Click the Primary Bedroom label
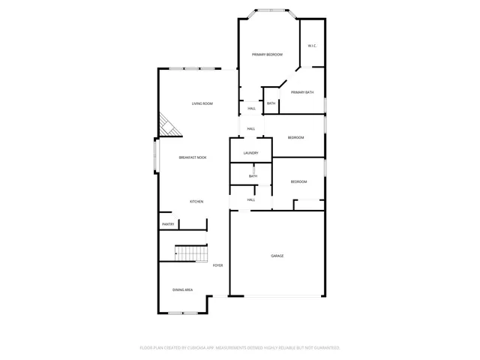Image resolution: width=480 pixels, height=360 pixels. click(x=267, y=55)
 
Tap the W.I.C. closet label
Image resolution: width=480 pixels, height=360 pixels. click(x=312, y=46)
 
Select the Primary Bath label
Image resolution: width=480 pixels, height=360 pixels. click(x=302, y=92)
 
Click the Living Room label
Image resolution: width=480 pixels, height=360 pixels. click(x=202, y=103)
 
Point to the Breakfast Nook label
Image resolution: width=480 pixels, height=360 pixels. click(x=193, y=157)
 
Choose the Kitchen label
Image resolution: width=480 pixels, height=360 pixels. click(x=196, y=202)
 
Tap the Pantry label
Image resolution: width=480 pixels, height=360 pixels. click(x=168, y=224)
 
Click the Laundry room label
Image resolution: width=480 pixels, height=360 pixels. click(x=250, y=153)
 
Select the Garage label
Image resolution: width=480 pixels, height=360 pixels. click(x=277, y=256)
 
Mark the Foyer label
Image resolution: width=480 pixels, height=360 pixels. click(x=218, y=265)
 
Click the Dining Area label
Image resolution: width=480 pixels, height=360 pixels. click(x=184, y=289)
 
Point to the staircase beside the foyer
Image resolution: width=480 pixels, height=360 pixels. click(x=191, y=253)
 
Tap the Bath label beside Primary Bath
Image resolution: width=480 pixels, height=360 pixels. click(x=271, y=103)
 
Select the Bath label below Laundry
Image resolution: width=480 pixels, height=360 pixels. click(x=253, y=176)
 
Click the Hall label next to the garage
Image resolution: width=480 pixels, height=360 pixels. click(x=251, y=199)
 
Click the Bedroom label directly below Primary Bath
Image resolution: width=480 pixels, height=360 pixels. click(x=296, y=137)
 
